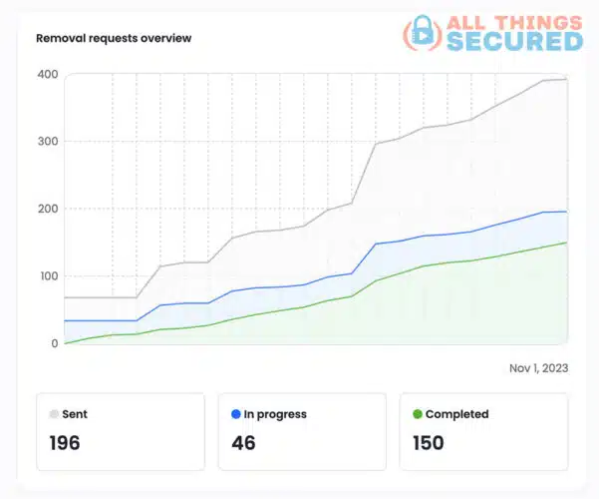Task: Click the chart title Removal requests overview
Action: tap(114, 39)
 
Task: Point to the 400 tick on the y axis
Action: tap(47, 75)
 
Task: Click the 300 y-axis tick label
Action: tap(47, 142)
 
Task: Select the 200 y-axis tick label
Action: tap(47, 209)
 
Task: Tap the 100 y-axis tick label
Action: tap(47, 276)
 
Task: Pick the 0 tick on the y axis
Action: tap(54, 343)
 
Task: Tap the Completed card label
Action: tap(456, 414)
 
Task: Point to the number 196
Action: tap(65, 443)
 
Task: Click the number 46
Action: tap(243, 443)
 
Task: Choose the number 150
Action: tap(428, 443)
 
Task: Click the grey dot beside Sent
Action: tap(54, 414)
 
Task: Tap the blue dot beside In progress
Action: tap(235, 414)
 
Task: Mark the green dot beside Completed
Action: tap(417, 414)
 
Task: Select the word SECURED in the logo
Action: tap(514, 41)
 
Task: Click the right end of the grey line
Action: tap(567, 80)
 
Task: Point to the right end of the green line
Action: tap(567, 243)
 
